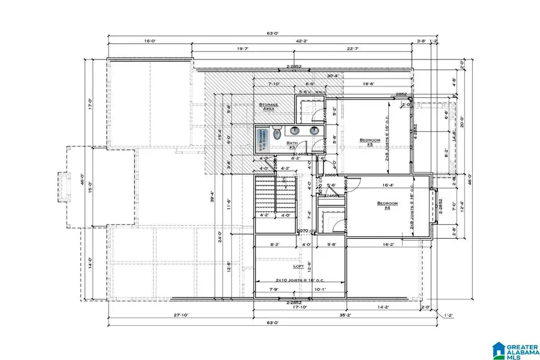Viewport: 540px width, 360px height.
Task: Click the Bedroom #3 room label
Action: pyautogui.click(x=370, y=142)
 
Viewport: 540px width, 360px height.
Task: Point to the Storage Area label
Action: pyautogui.click(x=269, y=107)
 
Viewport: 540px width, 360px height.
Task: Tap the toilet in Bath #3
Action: pyautogui.click(x=276, y=135)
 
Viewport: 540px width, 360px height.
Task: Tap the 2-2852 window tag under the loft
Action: pyautogui.click(x=293, y=302)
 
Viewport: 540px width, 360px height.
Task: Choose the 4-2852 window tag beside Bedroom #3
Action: pyautogui.click(x=415, y=132)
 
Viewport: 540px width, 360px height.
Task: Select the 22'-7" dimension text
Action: pyautogui.click(x=352, y=50)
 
